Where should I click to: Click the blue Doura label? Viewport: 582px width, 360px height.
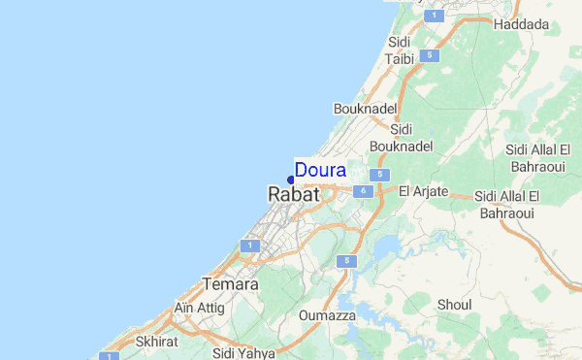click(x=320, y=171)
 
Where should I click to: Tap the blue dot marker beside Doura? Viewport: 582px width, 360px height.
click(x=291, y=180)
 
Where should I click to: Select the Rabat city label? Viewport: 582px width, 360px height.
click(x=293, y=195)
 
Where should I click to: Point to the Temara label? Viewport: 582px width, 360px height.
click(x=230, y=284)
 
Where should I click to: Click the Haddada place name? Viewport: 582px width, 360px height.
click(x=521, y=24)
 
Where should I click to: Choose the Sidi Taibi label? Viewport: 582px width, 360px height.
click(x=400, y=50)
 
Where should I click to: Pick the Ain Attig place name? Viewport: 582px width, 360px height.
click(x=199, y=308)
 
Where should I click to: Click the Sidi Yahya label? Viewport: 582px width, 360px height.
click(x=243, y=353)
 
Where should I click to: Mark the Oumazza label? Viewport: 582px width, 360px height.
click(x=328, y=315)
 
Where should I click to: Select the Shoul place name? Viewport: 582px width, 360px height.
click(x=454, y=305)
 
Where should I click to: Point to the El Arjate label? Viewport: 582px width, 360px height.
click(x=424, y=191)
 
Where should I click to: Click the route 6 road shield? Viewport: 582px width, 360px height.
click(x=363, y=192)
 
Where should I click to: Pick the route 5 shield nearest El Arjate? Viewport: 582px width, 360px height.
click(x=382, y=175)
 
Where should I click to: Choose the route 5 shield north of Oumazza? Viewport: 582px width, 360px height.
click(x=344, y=262)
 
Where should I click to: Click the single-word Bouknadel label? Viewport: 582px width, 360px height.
click(x=360, y=109)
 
